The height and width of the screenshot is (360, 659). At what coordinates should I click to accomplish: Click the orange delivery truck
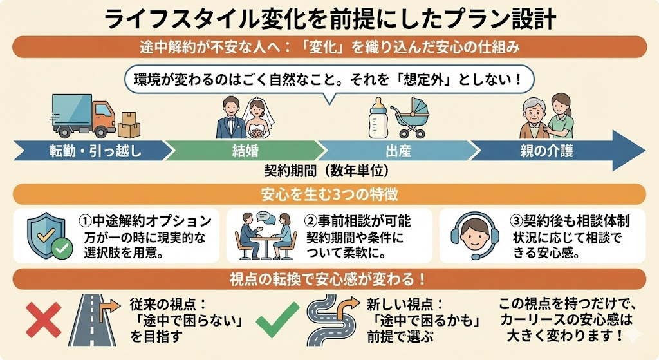(82, 117)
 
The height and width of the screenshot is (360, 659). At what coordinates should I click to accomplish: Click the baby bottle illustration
(378, 118)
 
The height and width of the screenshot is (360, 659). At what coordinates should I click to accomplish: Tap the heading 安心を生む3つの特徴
(329, 194)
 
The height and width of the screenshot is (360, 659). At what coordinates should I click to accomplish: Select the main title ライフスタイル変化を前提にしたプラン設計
(329, 19)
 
